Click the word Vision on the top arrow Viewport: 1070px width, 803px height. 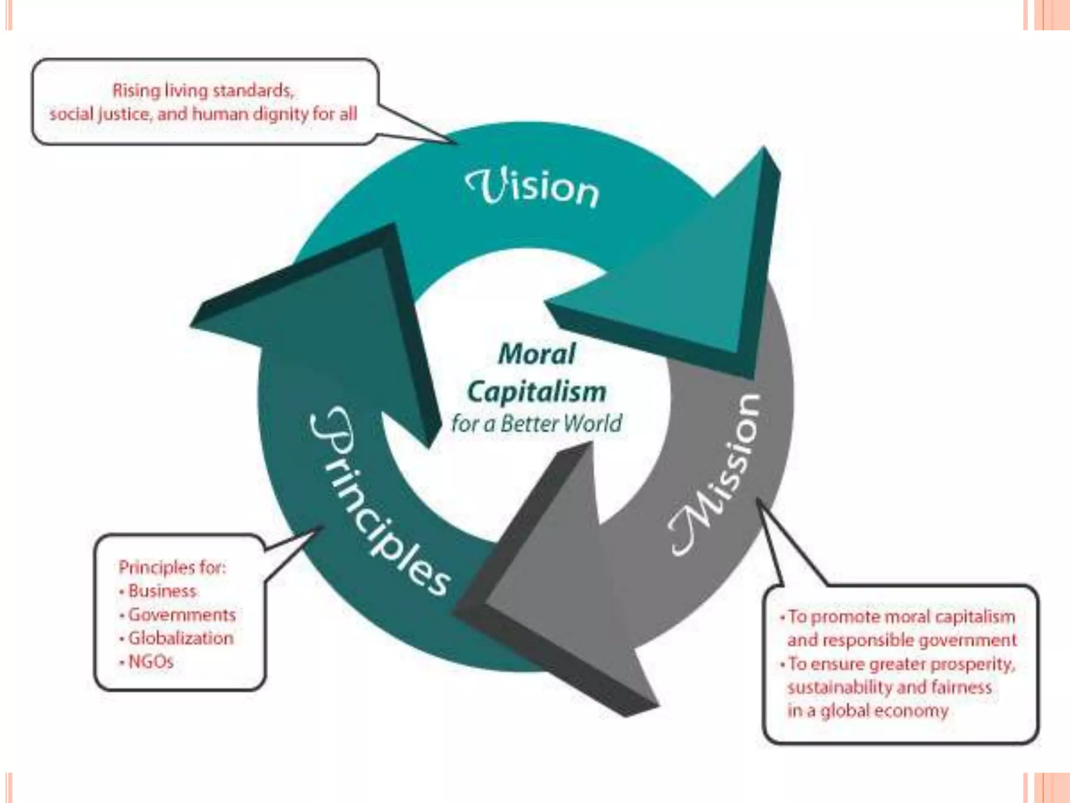pyautogui.click(x=532, y=187)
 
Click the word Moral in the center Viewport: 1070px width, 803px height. pyautogui.click(x=537, y=354)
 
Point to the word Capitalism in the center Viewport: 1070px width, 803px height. pyautogui.click(x=537, y=392)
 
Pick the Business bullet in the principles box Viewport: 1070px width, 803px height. pyautogui.click(x=162, y=591)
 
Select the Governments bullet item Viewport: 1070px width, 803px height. pyautogui.click(x=182, y=614)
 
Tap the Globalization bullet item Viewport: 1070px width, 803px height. pyautogui.click(x=180, y=638)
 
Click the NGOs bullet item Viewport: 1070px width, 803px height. pyautogui.click(x=150, y=661)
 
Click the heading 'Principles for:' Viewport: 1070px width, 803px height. pyautogui.click(x=172, y=567)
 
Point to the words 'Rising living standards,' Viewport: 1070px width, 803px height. pyautogui.click(x=203, y=90)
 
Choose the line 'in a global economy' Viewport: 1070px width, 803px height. pyautogui.click(x=868, y=710)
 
